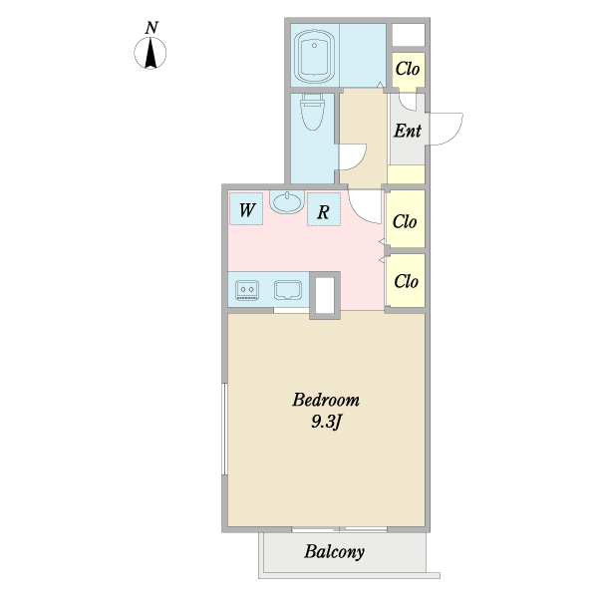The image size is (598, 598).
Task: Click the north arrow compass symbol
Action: click(150, 53)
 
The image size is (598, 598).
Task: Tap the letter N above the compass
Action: click(151, 28)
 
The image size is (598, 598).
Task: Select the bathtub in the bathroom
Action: click(314, 56)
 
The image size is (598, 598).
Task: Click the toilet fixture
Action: click(312, 112)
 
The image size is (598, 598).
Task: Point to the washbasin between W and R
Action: click(287, 201)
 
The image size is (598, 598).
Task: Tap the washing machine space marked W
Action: click(246, 209)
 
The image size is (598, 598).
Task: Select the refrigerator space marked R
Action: click(324, 209)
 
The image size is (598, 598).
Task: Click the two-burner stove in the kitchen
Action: click(247, 290)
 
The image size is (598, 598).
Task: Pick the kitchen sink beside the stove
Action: click(288, 290)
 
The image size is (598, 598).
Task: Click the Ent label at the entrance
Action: click(408, 131)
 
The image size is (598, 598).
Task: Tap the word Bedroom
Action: click(326, 400)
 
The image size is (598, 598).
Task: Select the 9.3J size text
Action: click(327, 422)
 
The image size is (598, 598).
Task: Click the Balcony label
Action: click(334, 552)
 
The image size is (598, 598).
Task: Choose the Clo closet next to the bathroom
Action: click(408, 69)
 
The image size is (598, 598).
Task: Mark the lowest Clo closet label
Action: click(407, 281)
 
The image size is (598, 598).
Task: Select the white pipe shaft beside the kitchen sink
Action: click(325, 295)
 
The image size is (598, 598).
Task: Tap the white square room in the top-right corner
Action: click(409, 35)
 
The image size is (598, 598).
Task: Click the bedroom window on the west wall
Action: click(224, 429)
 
